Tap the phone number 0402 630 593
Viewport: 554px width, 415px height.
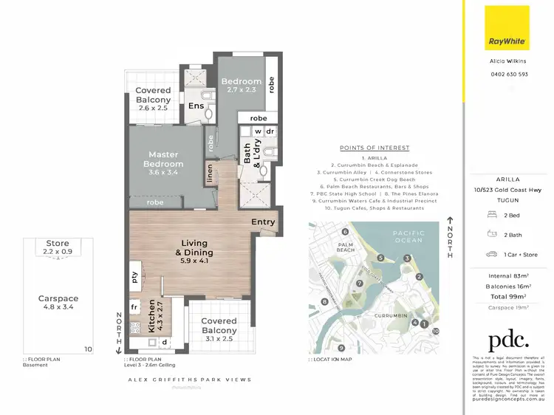tap(509, 74)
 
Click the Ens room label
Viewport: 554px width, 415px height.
tap(196, 106)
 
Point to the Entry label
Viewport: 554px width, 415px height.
tap(263, 222)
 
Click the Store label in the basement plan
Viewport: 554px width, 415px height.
tap(58, 244)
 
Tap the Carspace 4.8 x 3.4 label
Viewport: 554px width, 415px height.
tap(58, 303)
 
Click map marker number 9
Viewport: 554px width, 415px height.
tap(341, 348)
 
